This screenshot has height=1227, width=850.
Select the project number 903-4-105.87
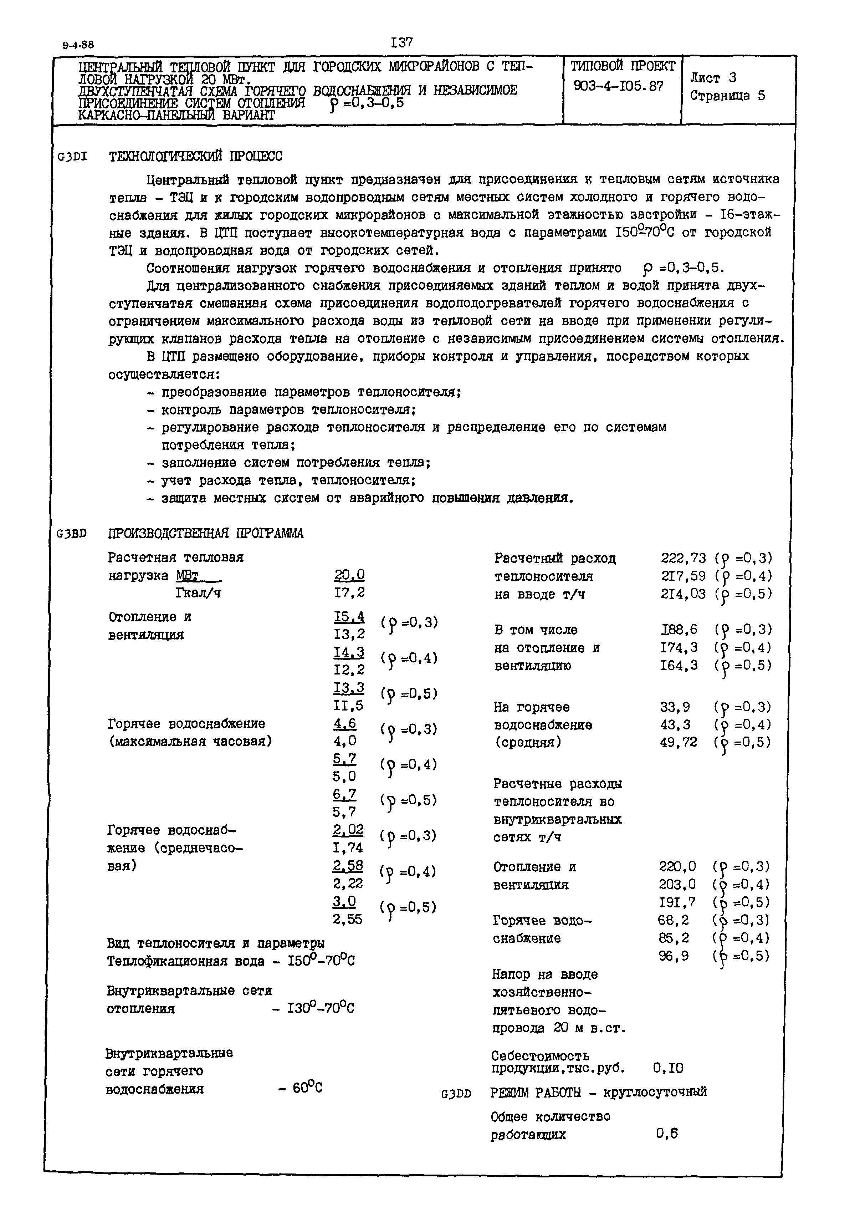click(618, 86)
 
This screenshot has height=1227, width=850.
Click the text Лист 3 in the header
click(713, 78)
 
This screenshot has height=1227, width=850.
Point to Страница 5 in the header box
click(727, 96)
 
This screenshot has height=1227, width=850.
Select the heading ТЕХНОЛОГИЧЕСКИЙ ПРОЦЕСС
click(195, 157)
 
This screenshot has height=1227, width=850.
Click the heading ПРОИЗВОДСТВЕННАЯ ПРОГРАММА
click(206, 533)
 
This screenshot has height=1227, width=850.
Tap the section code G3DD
click(456, 1094)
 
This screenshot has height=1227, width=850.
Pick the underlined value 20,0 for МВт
click(349, 575)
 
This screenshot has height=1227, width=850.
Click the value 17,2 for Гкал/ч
click(349, 593)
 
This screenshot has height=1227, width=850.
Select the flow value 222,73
click(683, 558)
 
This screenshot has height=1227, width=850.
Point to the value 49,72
click(678, 743)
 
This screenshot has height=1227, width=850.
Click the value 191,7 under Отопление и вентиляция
click(677, 902)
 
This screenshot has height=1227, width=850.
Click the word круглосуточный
click(655, 1092)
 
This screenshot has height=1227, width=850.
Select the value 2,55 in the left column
click(348, 919)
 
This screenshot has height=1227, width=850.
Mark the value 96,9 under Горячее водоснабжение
click(674, 956)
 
